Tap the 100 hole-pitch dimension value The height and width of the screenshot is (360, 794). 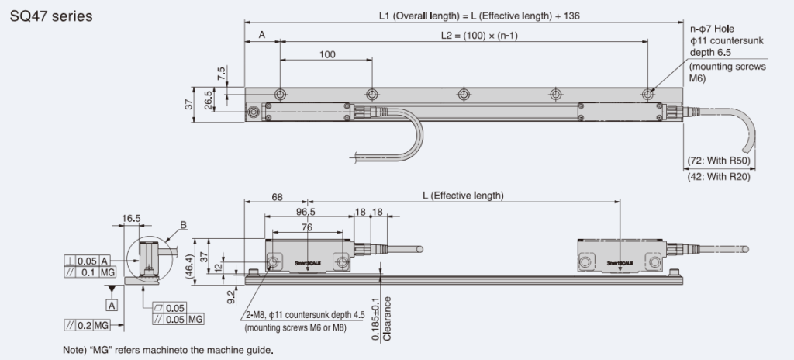[x=326, y=55]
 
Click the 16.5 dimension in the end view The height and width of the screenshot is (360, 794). [x=132, y=219]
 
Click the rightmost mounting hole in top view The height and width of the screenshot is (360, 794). [x=647, y=94]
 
